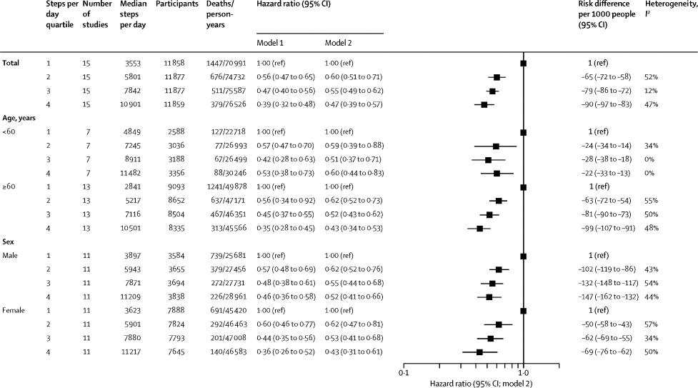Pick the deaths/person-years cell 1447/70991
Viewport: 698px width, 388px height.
[220, 63]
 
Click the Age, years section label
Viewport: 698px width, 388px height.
[21, 118]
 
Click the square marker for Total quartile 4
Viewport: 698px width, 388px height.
[484, 105]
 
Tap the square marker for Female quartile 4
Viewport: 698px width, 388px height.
[479, 352]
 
